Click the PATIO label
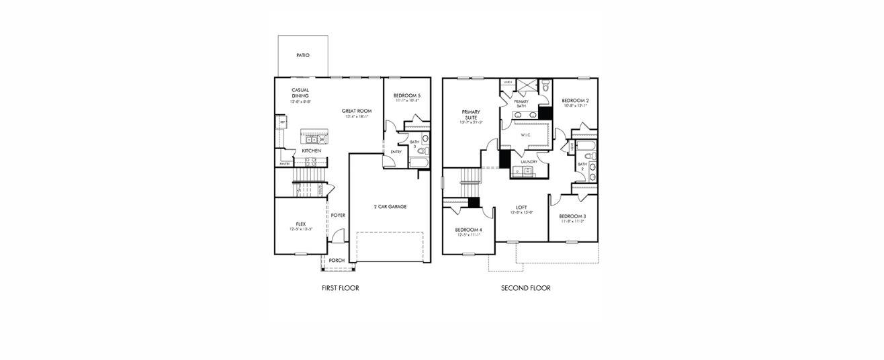pyautogui.click(x=303, y=55)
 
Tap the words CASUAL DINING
pyautogui.click(x=300, y=93)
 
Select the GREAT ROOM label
pyautogui.click(x=357, y=111)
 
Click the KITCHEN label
pyautogui.click(x=311, y=151)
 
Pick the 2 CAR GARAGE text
pyautogui.click(x=390, y=206)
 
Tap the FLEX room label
pyautogui.click(x=301, y=224)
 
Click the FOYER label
pyautogui.click(x=338, y=216)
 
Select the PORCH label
pyautogui.click(x=337, y=261)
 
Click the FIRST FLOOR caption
pyautogui.click(x=341, y=288)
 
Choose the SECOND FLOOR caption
pyautogui.click(x=525, y=288)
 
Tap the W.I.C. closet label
pyautogui.click(x=526, y=135)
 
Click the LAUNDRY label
pyautogui.click(x=528, y=162)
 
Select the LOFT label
pyautogui.click(x=521, y=207)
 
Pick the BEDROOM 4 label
pyautogui.click(x=469, y=230)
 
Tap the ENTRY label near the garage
pyautogui.click(x=396, y=152)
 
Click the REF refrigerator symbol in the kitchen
pyautogui.click(x=282, y=122)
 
